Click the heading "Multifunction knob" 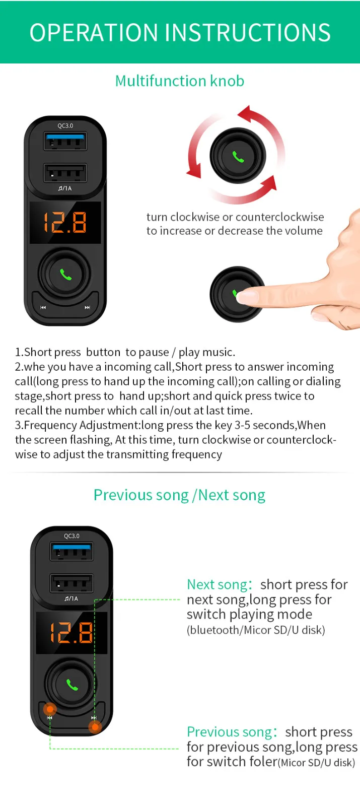point(179,81)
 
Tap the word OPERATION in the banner point(94,32)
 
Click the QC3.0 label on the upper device point(65,125)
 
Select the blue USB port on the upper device point(65,141)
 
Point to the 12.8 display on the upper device point(65,222)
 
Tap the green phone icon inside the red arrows point(238,157)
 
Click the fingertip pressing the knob point(248,297)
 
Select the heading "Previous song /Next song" point(179,496)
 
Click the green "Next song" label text point(217,585)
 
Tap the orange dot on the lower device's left point(50,709)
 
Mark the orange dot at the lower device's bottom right point(95,727)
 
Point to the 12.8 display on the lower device point(71,633)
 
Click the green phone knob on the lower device point(71,684)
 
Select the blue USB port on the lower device point(71,552)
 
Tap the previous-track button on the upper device point(43,307)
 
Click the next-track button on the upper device point(88,307)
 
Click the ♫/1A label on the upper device point(65,188)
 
